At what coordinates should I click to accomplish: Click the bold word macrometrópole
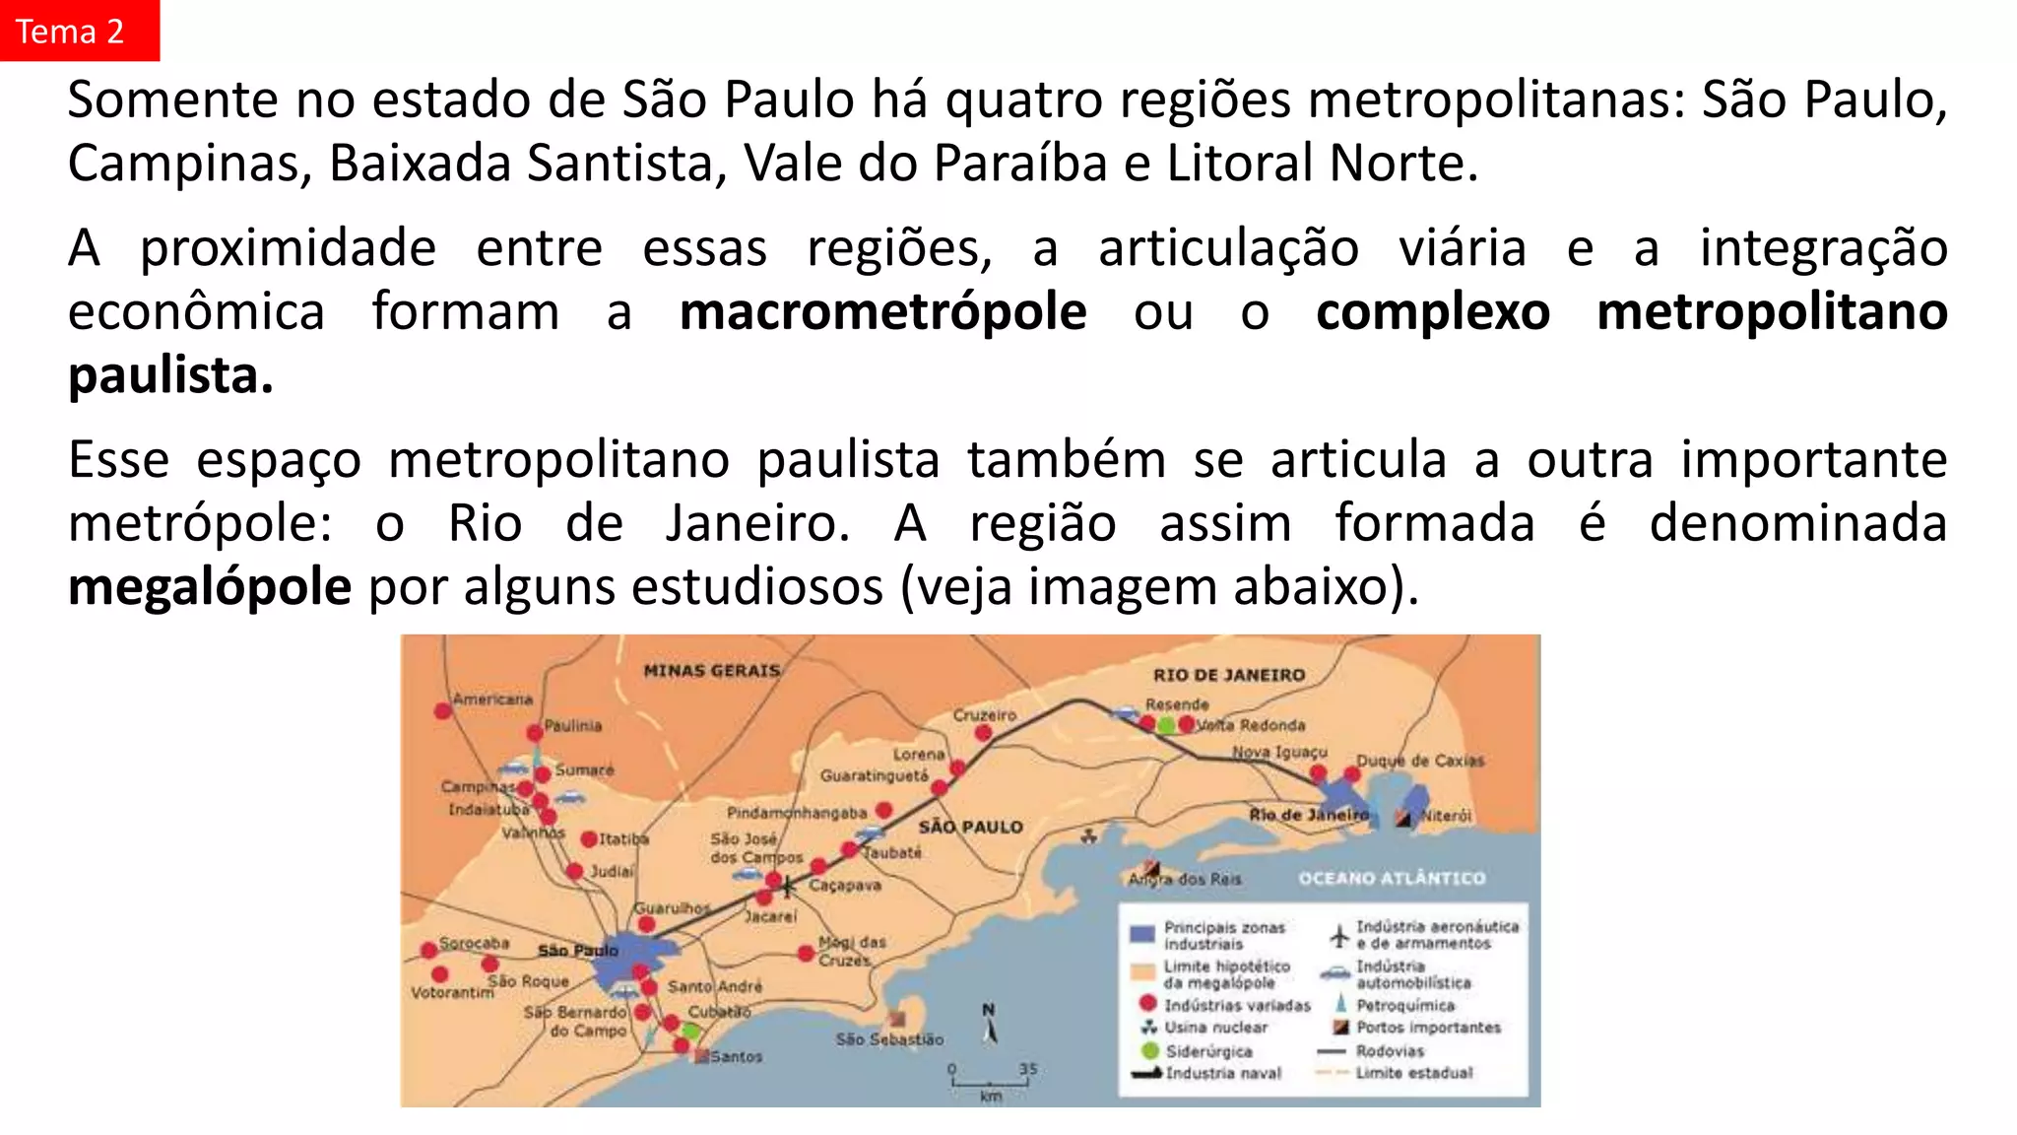pos(882,312)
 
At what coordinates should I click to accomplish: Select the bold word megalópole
pos(210,587)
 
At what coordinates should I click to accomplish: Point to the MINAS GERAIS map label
pos(711,671)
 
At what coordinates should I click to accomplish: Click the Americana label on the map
pos(492,700)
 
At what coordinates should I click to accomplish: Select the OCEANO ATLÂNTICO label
pos(1391,878)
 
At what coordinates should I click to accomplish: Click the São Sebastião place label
pos(889,1039)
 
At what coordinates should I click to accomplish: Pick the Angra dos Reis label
pos(1185,879)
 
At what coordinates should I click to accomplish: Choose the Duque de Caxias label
pos(1419,761)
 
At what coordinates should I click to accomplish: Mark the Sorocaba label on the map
pos(474,943)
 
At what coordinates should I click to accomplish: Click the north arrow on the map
pos(990,1025)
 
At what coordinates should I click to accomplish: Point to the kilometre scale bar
pos(990,1082)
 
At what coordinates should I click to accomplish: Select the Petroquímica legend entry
pos(1404,1006)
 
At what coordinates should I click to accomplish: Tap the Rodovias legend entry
pos(1389,1051)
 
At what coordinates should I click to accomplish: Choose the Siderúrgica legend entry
pos(1208,1051)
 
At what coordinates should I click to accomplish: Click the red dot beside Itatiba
pos(589,839)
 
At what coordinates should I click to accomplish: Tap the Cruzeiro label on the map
pos(984,715)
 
